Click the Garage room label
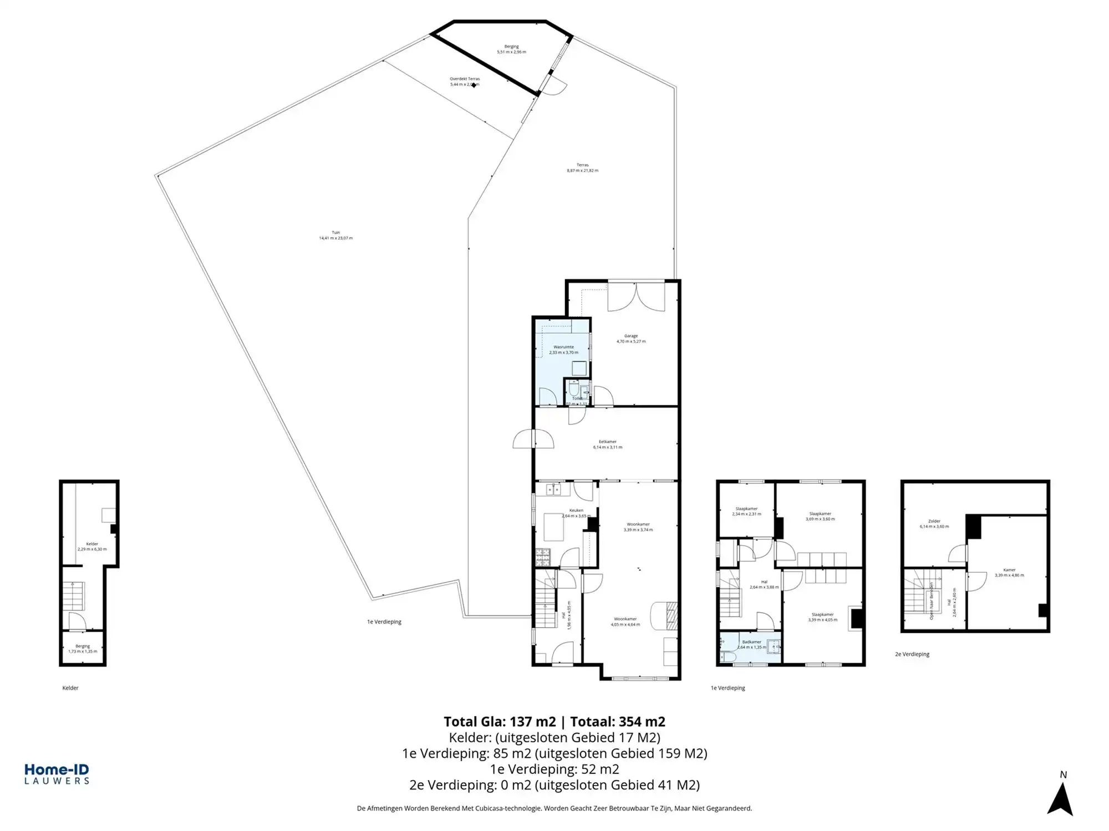[631, 336]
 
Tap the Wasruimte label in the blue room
[563, 347]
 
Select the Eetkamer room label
[607, 442]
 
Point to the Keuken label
[576, 511]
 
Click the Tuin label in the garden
[335, 233]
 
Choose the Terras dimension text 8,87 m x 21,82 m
[582, 171]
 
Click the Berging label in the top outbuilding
[511, 47]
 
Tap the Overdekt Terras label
[465, 79]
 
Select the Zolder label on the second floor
[934, 521]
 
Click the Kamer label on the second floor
[1009, 570]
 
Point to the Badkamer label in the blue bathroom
[751, 642]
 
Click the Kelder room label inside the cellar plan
[92, 544]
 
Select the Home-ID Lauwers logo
[57, 774]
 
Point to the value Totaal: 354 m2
[618, 722]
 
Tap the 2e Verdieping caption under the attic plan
[912, 654]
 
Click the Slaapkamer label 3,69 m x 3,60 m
[820, 514]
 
